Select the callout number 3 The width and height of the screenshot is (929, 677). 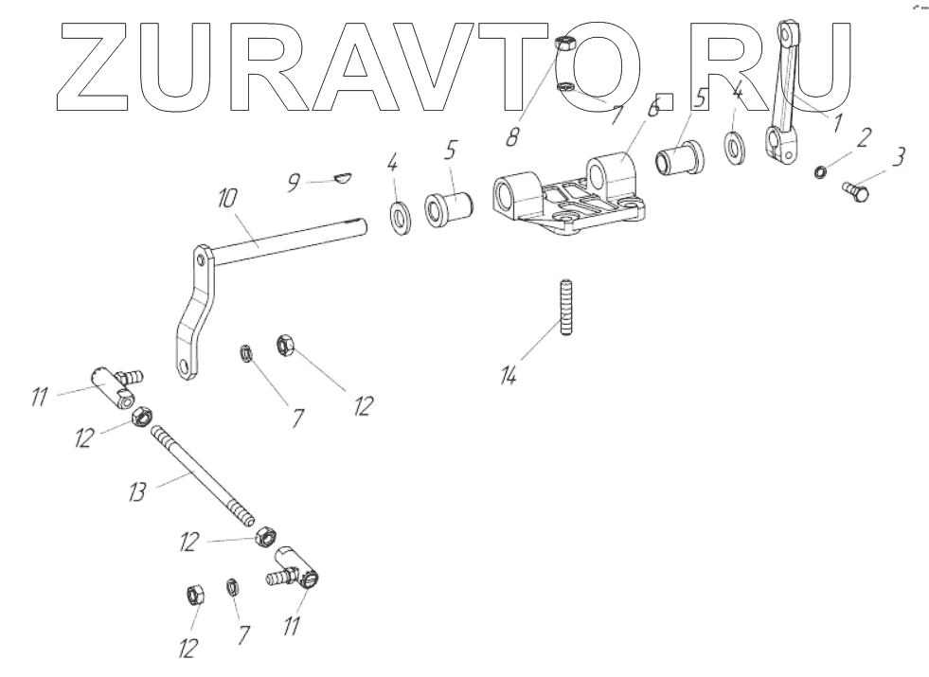tap(898, 154)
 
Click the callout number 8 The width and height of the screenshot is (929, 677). tap(512, 135)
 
